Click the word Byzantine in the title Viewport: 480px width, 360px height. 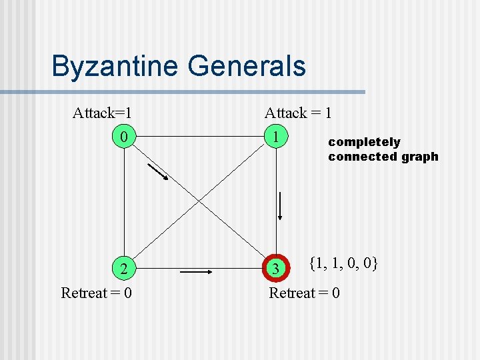coord(116,67)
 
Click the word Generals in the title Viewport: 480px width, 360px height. coord(247,67)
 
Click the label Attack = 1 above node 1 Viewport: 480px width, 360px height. coord(298,113)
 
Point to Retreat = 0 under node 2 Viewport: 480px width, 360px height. coord(96,293)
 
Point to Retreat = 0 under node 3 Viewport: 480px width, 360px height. coord(304,293)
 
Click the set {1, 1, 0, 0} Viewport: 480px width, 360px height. coord(343,263)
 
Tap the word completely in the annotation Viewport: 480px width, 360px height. coord(364,142)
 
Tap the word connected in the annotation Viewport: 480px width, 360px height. coord(362,157)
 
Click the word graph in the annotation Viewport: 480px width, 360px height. coord(420,157)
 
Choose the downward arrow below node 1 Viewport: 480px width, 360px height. coord(281,205)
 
